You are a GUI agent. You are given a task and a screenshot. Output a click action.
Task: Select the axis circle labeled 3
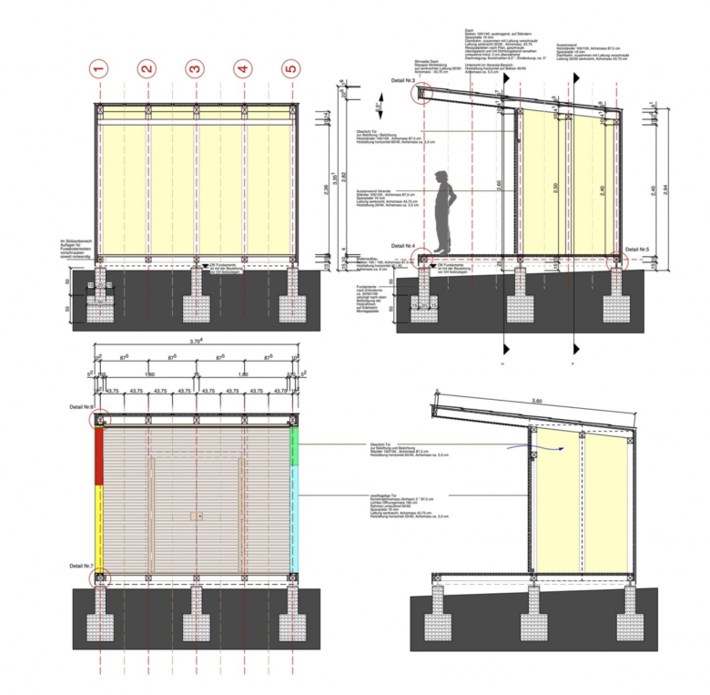(194, 68)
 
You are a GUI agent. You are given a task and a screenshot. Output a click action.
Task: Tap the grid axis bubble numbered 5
(290, 68)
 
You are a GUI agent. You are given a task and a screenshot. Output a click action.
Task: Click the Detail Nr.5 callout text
(636, 248)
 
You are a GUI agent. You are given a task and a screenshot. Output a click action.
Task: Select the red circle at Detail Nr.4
(422, 260)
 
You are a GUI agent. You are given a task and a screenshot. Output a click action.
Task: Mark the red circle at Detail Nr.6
(100, 420)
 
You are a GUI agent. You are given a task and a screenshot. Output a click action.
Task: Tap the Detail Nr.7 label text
(83, 566)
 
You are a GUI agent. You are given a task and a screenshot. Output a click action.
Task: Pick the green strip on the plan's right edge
(293, 446)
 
